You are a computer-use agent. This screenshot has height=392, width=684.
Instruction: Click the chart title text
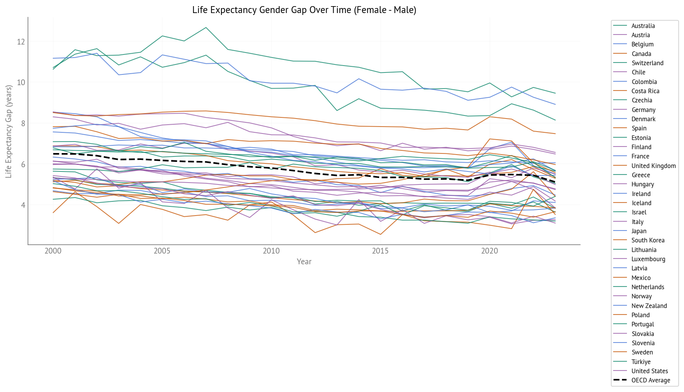pos(304,10)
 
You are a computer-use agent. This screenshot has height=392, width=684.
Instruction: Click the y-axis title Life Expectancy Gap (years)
pos(8,131)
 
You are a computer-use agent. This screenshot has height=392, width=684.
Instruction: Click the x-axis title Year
pos(304,262)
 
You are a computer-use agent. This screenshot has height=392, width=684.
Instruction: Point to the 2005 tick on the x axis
pos(162,251)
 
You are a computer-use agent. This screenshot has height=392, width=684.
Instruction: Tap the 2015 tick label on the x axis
pos(380,251)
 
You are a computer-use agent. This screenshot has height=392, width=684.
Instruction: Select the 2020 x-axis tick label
pos(489,251)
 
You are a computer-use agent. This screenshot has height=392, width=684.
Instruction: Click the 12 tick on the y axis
pos(21,41)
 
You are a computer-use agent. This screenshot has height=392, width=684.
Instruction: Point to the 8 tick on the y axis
pos(23,124)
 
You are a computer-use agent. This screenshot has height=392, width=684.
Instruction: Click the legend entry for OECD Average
pos(651,380)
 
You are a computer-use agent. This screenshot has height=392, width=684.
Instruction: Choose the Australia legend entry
pos(643,26)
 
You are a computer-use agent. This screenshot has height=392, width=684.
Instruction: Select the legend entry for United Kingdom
pos(653,166)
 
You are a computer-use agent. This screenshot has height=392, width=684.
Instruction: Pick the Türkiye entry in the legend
pos(641,362)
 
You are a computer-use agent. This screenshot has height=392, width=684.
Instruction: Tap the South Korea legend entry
pos(648,240)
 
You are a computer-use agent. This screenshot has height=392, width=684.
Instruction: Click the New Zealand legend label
pos(649,306)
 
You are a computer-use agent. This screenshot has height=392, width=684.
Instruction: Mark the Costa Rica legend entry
pos(645,91)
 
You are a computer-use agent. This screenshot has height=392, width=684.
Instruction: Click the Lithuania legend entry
pos(644,250)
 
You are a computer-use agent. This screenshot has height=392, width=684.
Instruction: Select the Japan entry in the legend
pos(639,231)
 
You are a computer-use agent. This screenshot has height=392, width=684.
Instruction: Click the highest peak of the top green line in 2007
pos(206,27)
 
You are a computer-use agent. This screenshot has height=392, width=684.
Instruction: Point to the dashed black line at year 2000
pos(53,154)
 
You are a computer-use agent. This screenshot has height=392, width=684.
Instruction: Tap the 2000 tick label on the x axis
pos(53,251)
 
